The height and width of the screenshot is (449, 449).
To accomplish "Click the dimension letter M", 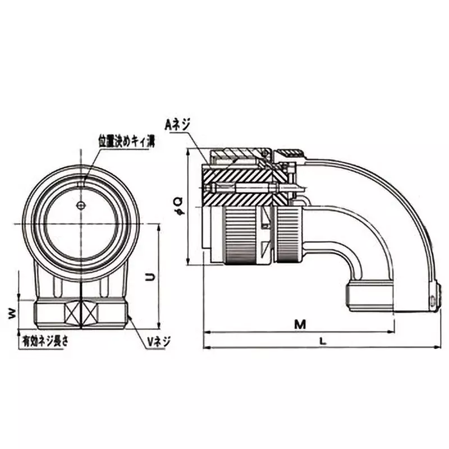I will coord(301,324).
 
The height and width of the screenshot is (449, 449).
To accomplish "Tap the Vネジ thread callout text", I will coord(158,340).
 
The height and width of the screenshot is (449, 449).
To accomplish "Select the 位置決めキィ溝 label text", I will coord(127,141).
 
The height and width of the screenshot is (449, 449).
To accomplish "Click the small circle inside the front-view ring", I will coord(82,205).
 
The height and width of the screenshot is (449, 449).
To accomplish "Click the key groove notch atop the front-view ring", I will coord(82,181).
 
